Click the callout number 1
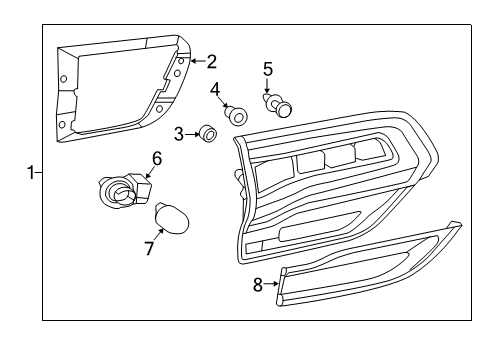pyautogui.click(x=31, y=172)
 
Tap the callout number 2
pyautogui.click(x=211, y=61)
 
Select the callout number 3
pyautogui.click(x=179, y=133)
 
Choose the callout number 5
pyautogui.click(x=267, y=69)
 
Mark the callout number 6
pyautogui.click(x=156, y=157)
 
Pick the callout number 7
pyautogui.click(x=149, y=247)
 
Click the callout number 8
pyautogui.click(x=258, y=284)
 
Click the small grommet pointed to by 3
pyautogui.click(x=206, y=132)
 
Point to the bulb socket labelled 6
pyautogui.click(x=119, y=189)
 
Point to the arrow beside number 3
pyautogui.click(x=191, y=133)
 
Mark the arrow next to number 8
pyautogui.click(x=272, y=284)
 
